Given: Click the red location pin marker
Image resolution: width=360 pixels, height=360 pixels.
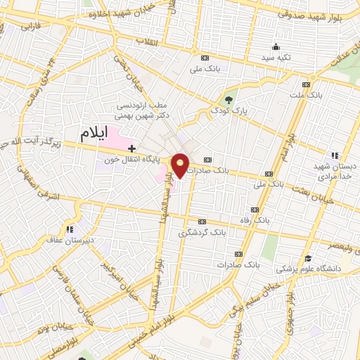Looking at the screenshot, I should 181,165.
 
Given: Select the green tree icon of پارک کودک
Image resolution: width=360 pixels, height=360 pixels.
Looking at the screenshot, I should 229,98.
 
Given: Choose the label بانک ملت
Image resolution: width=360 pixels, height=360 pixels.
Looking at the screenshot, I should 325,94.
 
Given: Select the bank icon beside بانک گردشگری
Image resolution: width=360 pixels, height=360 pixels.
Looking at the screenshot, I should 202,220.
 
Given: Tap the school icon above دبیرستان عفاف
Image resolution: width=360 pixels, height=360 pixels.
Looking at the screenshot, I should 70,229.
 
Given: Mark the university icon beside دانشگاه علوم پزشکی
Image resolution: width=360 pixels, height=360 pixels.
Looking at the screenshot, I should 309,258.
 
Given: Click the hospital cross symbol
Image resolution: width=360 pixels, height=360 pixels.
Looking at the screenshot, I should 131,148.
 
